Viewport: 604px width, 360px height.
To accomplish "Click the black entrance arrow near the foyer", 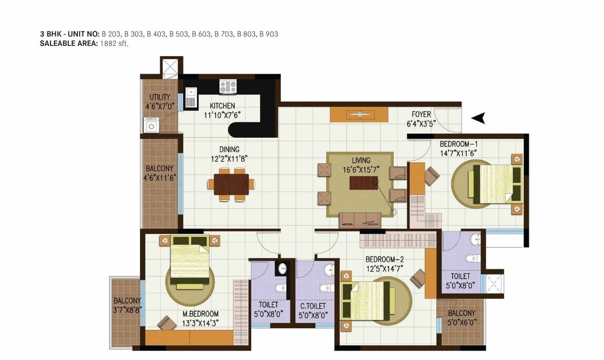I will (x=477, y=119).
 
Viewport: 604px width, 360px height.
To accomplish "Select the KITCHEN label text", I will (x=222, y=106).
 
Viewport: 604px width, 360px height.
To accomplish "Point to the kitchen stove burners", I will (x=228, y=87).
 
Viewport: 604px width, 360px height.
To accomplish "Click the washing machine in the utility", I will (x=151, y=126).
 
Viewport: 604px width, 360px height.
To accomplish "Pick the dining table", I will (x=231, y=184).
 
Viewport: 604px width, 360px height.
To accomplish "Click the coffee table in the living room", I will (x=364, y=181).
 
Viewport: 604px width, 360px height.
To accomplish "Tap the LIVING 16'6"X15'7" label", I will (x=361, y=165).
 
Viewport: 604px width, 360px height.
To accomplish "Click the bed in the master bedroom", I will (x=189, y=261).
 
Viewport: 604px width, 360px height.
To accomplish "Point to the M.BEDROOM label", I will (x=200, y=314).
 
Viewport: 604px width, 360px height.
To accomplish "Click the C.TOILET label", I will (x=313, y=306).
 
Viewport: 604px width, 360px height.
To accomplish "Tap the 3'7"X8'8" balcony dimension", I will (x=127, y=309).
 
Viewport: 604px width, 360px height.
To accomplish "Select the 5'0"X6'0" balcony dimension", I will (x=461, y=322).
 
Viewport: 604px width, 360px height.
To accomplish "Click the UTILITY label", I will (x=160, y=97).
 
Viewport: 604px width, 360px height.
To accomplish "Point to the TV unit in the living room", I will (x=359, y=114).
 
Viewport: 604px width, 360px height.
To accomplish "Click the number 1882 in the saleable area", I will (x=107, y=44).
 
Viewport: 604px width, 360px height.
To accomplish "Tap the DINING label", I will (x=229, y=150).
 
